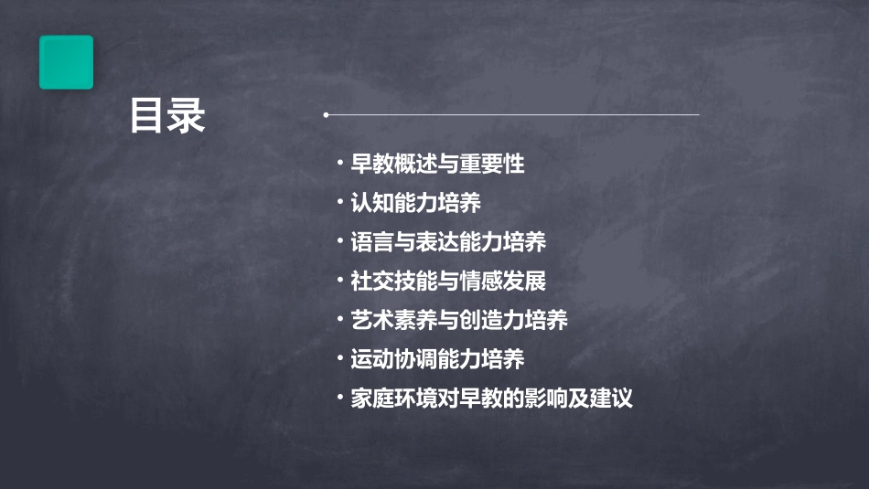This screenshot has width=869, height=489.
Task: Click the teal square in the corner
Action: [66, 62]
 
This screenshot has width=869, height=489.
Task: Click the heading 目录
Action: [167, 116]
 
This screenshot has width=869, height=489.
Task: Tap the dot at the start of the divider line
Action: [326, 115]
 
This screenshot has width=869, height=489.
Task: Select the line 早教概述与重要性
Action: [437, 165]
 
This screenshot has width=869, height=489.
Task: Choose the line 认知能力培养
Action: [416, 203]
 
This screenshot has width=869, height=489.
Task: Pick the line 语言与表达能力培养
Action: [448, 242]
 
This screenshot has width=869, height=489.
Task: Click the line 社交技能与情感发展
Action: [448, 281]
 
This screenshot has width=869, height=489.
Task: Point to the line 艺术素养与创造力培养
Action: [459, 320]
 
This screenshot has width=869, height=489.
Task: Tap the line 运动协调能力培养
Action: [437, 359]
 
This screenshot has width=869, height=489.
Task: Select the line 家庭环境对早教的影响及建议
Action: [492, 399]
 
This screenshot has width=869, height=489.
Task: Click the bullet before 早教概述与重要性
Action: [339, 165]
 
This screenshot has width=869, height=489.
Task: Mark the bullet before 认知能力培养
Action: [339, 203]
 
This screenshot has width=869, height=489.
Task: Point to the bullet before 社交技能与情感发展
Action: [339, 281]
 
